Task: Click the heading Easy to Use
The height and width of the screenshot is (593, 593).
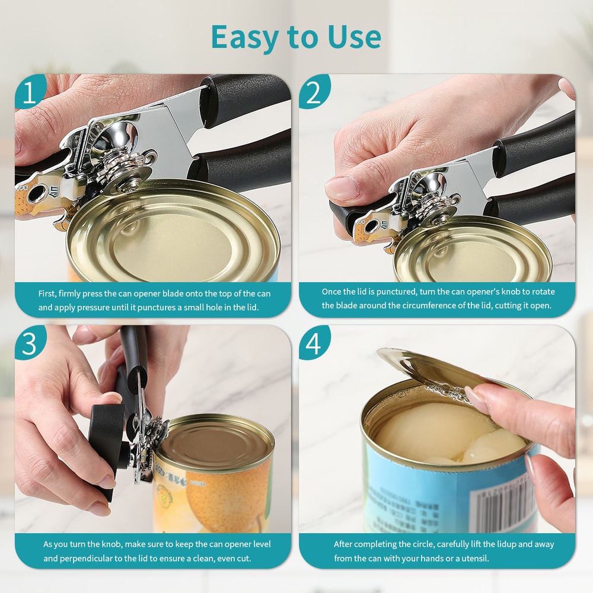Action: point(296,37)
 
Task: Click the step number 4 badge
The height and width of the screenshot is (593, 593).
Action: point(313,344)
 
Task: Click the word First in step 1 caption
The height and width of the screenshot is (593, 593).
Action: point(48,294)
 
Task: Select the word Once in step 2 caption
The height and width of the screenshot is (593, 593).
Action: point(332,292)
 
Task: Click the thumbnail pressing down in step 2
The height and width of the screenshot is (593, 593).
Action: point(342,189)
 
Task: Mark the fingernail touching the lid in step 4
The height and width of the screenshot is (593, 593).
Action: point(474,398)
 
